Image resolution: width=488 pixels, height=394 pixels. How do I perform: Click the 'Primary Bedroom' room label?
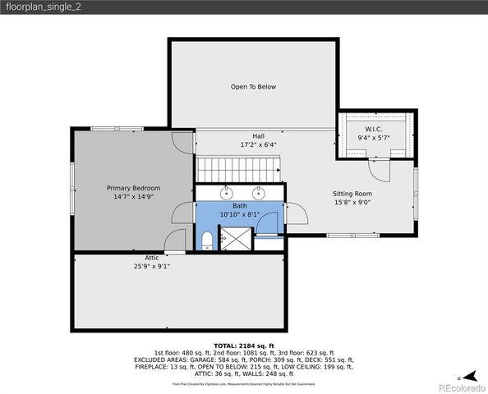[x=133, y=188]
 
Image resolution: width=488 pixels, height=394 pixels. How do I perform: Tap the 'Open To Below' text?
[x=253, y=86]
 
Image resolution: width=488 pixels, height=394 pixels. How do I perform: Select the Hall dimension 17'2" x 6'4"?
[x=258, y=145]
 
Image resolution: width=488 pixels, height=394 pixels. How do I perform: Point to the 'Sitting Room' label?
[x=353, y=193]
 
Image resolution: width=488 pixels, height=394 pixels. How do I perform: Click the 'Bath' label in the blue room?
[x=239, y=206]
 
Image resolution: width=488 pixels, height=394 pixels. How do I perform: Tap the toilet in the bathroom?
[x=207, y=240]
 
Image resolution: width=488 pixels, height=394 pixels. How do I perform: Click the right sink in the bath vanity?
[x=258, y=193]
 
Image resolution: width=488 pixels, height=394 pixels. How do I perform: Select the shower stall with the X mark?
[x=237, y=240]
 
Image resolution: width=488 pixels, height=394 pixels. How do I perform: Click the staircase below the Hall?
[x=239, y=171]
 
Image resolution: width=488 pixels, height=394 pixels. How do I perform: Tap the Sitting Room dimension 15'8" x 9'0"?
[x=353, y=202]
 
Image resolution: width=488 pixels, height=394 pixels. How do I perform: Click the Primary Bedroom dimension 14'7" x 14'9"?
[x=133, y=197]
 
